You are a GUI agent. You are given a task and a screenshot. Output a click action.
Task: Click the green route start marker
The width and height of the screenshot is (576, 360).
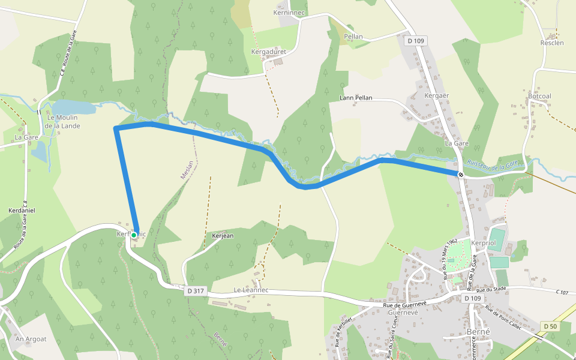click(134, 235)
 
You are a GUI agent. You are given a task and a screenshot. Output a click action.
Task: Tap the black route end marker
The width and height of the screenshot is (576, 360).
click(461, 175)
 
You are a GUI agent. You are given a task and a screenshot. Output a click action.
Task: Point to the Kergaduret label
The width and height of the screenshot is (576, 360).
click(268, 52)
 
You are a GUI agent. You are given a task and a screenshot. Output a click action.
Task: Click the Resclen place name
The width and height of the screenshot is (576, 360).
click(552, 43)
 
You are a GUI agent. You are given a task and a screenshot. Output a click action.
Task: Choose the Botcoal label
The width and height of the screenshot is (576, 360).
click(539, 96)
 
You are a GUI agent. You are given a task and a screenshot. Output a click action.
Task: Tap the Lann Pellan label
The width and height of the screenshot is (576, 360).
click(356, 98)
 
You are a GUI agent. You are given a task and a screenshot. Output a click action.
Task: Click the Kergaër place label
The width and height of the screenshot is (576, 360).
click(437, 96)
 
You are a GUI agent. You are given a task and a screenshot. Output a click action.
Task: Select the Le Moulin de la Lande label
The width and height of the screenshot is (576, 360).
click(62, 122)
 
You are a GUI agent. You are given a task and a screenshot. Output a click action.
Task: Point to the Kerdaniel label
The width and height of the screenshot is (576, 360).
click(22, 211)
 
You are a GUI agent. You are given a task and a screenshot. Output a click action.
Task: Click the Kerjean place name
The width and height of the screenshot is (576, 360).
click(223, 236)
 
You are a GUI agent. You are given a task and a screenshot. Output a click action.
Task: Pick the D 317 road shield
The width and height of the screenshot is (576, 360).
click(196, 290)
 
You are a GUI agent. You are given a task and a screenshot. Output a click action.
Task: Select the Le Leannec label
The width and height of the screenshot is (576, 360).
click(251, 290)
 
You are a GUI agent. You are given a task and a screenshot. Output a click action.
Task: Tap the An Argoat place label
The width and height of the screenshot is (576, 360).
click(31, 339)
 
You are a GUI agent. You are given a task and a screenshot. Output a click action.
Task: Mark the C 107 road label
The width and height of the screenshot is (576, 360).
click(562, 292)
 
